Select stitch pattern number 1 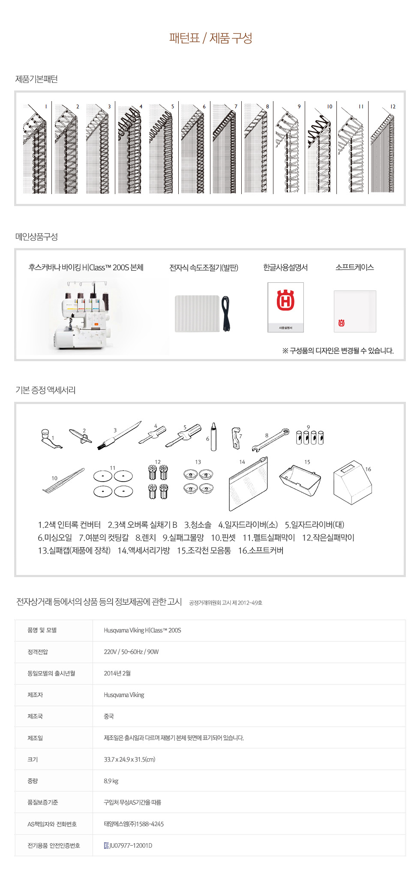click(x=36, y=148)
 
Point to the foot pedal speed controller click(x=202, y=313)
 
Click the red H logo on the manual click(x=285, y=300)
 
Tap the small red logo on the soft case click(x=342, y=323)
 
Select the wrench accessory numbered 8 click(x=270, y=440)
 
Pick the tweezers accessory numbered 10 click(x=63, y=481)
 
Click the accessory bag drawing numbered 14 click(x=249, y=484)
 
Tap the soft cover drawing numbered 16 click(x=352, y=483)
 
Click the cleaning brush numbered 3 click(x=119, y=436)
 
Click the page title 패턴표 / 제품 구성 click(x=210, y=38)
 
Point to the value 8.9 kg click(x=111, y=781)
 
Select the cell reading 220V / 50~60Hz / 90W click(x=131, y=652)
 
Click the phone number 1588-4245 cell click(x=134, y=824)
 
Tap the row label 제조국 click(x=35, y=716)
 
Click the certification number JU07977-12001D click(x=128, y=845)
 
